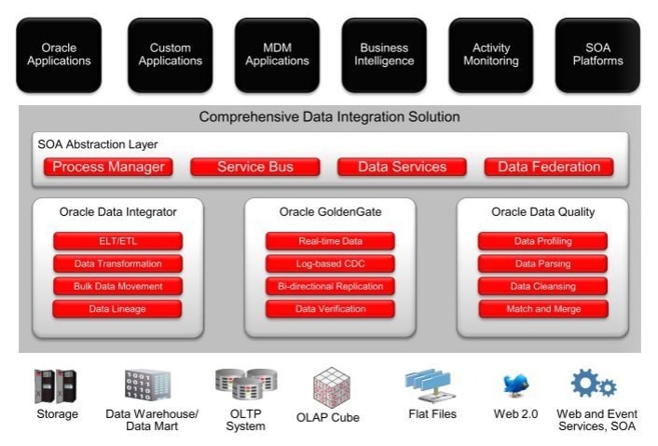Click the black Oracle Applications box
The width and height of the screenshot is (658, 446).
tap(59, 55)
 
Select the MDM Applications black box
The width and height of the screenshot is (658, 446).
tap(277, 55)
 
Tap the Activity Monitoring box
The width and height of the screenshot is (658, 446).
tap(491, 55)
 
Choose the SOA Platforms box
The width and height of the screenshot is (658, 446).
tap(597, 55)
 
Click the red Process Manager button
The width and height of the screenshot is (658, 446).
tap(109, 168)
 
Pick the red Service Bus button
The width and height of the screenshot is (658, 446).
tap(255, 168)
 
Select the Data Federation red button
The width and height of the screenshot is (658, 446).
tap(549, 168)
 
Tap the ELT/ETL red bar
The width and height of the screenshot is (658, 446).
tap(117, 241)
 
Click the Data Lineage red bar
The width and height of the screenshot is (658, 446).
tap(117, 309)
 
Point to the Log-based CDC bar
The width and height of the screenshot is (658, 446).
tap(330, 264)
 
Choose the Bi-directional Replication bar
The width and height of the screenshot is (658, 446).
tap(330, 287)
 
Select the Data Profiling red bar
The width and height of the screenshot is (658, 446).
tap(543, 241)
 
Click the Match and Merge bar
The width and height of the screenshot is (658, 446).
tap(543, 309)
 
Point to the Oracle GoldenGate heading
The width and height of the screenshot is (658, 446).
tap(330, 212)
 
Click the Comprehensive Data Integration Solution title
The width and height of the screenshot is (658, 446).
tap(329, 118)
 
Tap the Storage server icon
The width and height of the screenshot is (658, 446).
tap(55, 386)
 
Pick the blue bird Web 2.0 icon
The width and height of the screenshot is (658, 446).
tap(515, 386)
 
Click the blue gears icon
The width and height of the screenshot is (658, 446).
tap(593, 384)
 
